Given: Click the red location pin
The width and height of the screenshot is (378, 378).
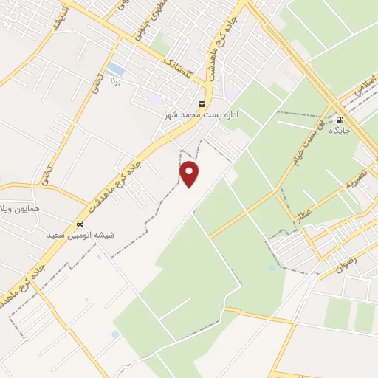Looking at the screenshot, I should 190,173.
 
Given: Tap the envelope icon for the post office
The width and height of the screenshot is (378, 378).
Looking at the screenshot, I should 202,104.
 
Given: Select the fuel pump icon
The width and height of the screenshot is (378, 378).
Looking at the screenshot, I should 340,120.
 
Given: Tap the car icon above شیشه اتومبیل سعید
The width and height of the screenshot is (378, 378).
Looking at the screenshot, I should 80,224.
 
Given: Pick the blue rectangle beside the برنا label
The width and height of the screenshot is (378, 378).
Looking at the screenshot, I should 116,70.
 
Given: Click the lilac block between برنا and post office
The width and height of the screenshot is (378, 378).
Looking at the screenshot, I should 156,98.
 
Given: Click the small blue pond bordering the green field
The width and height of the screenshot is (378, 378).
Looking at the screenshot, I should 115,334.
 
